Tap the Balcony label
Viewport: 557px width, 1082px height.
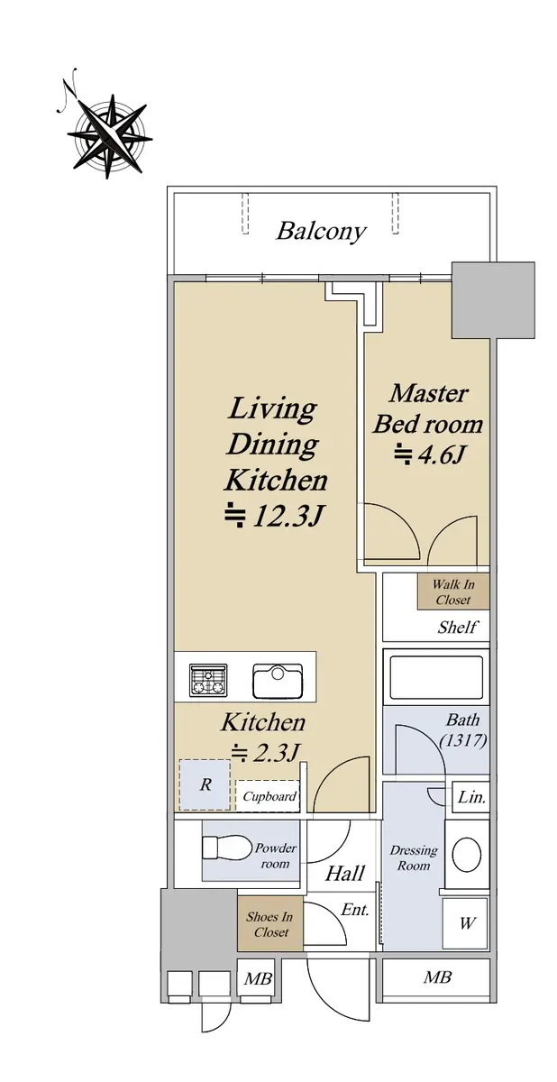click(321, 232)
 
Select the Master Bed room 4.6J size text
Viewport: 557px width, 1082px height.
click(429, 454)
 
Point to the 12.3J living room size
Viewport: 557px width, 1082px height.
click(274, 517)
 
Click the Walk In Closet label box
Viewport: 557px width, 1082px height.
click(452, 591)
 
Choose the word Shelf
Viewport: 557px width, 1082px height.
click(457, 628)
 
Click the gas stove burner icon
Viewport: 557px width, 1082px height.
click(208, 680)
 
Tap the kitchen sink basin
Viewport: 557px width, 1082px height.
click(278, 681)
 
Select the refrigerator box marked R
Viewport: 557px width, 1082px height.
click(205, 785)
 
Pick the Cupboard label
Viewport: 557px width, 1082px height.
click(269, 796)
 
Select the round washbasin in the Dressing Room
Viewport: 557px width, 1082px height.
click(467, 855)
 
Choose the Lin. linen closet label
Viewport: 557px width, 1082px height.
click(471, 797)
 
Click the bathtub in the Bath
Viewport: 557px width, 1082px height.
click(436, 677)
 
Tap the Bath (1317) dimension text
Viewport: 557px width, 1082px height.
click(463, 729)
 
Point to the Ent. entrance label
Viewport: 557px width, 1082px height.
click(355, 910)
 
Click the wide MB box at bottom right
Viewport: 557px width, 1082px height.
click(435, 977)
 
